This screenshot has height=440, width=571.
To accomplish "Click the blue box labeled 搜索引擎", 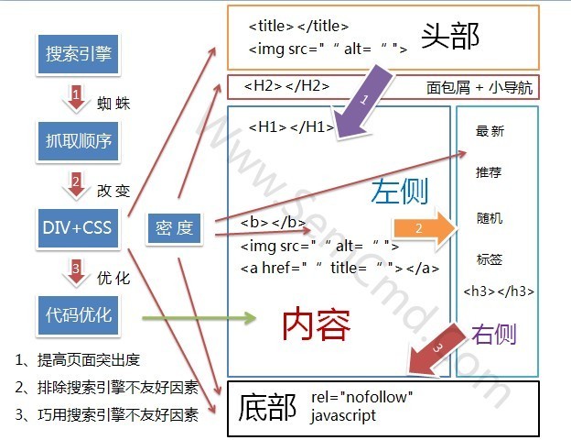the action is tap(79, 54).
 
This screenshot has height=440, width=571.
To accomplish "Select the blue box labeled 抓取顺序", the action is tap(79, 141).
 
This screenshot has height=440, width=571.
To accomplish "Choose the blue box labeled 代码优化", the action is tap(79, 315).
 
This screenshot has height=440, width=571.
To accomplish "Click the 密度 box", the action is tap(174, 228).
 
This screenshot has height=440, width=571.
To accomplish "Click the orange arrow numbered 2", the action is tap(424, 229).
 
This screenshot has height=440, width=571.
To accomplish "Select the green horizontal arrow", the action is tap(199, 318).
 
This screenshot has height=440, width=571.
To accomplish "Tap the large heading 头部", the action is tap(450, 36).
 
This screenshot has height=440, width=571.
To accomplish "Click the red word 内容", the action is tap(316, 324).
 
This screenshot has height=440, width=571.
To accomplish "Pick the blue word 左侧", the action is tap(400, 192).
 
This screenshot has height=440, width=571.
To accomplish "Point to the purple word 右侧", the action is tap(494, 334).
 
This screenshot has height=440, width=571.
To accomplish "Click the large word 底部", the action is tap(267, 407).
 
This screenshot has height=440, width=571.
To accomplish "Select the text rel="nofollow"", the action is tap(362, 397).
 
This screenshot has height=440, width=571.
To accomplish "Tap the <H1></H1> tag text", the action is tap(291, 127).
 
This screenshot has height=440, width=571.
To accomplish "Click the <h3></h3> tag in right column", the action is tap(499, 291).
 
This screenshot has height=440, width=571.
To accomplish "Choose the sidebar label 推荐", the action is tap(489, 171).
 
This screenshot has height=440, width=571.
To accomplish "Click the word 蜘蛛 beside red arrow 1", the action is tap(113, 104).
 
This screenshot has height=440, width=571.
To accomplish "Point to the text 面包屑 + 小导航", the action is tap(479, 88).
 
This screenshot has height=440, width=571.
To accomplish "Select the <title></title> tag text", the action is tap(298, 26).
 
